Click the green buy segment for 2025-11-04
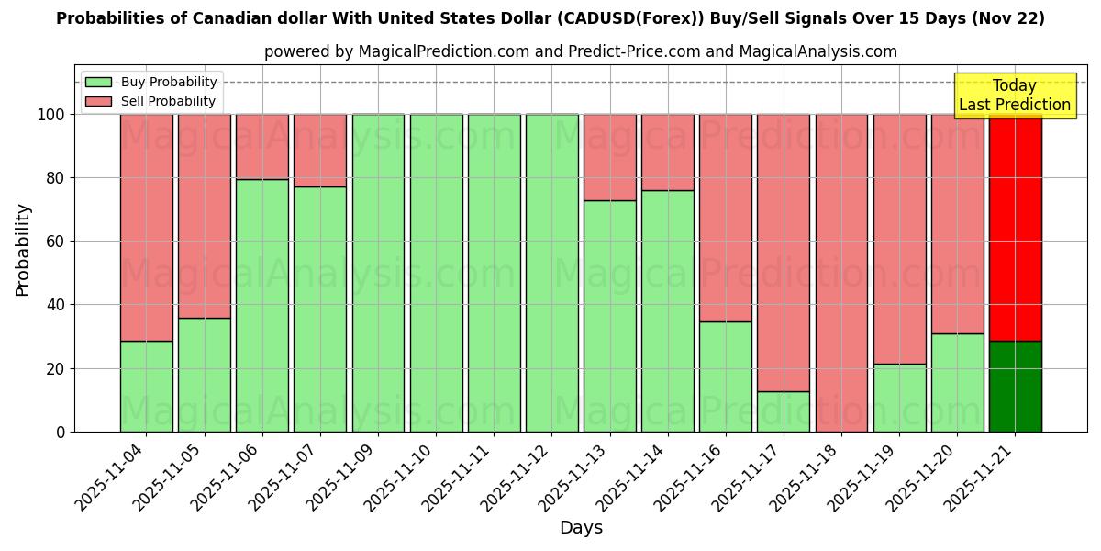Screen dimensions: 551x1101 [146, 386]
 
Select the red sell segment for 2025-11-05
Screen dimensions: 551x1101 [204, 216]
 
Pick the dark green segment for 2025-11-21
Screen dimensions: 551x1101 [1015, 386]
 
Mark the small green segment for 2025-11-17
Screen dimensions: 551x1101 [784, 411]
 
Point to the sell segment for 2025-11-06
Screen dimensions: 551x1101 [261, 147]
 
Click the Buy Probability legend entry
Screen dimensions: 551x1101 [151, 82]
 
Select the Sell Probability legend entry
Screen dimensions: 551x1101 [151, 101]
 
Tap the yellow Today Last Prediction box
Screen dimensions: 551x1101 [1015, 96]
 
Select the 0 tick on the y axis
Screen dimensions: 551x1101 [61, 432]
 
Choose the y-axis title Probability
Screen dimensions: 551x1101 [23, 250]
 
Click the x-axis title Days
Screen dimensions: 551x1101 [581, 528]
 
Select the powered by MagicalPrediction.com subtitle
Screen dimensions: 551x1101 [581, 51]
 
